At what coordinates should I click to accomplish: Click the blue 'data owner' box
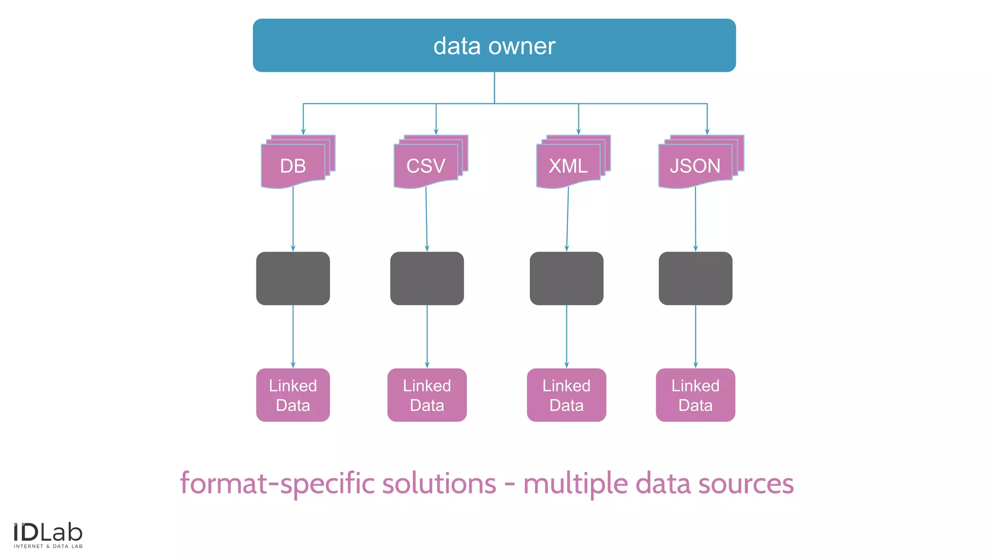point(494,45)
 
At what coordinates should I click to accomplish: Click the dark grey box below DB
point(293,278)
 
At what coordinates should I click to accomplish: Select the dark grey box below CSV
point(427,278)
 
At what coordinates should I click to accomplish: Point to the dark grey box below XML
point(566,278)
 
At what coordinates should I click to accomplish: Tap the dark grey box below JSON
point(695,278)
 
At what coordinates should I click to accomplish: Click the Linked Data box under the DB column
point(293,395)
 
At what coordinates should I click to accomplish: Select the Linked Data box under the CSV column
point(427,395)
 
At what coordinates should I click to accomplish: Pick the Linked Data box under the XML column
point(566,395)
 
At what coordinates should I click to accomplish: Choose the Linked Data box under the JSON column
point(695,395)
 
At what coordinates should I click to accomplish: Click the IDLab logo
point(48,533)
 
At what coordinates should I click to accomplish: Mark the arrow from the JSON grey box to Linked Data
point(695,337)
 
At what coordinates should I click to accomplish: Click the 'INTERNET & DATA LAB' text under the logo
point(48,546)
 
